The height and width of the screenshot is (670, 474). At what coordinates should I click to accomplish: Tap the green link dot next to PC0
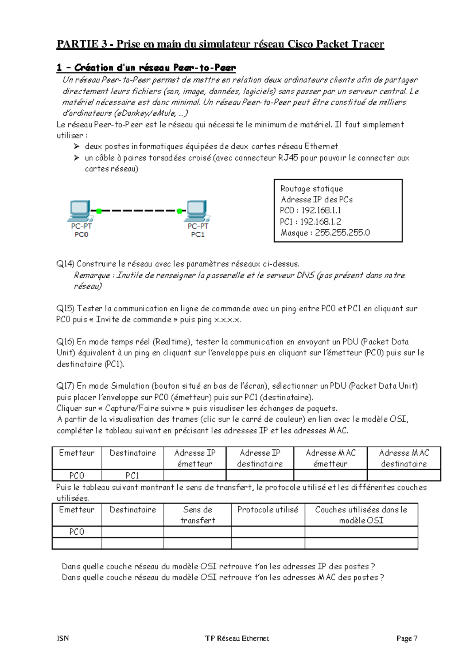(x=99, y=211)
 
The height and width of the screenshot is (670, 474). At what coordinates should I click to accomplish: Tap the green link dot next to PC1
(x=179, y=211)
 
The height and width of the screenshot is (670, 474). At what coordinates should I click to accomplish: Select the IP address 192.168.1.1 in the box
(x=321, y=210)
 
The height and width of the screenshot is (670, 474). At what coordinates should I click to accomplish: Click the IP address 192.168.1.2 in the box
(x=321, y=221)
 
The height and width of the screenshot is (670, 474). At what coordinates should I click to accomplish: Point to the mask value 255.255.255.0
(x=342, y=232)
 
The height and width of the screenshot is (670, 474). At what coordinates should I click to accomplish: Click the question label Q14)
(x=65, y=264)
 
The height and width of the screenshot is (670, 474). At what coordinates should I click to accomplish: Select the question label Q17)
(x=65, y=386)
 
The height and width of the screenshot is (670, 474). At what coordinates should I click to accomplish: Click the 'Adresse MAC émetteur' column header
(x=330, y=458)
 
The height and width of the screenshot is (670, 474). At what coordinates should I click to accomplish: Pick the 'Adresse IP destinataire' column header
(x=260, y=458)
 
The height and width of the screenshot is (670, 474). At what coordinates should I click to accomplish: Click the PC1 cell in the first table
(x=132, y=475)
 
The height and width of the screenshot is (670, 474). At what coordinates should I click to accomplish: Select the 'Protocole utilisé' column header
(x=267, y=509)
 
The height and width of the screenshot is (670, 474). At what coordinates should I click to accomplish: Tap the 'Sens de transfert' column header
(x=197, y=515)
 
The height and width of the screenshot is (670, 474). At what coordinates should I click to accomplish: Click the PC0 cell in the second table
(x=77, y=532)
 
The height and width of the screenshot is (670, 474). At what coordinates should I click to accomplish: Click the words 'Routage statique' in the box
(x=311, y=189)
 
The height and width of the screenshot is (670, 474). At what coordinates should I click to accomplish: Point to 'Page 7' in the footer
(x=407, y=638)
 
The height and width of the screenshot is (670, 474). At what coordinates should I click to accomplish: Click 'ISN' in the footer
(x=63, y=638)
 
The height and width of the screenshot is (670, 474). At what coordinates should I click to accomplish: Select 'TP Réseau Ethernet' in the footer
(x=237, y=638)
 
